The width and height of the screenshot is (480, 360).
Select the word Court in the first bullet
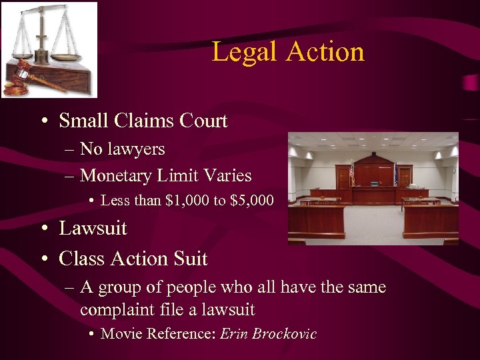click(x=203, y=121)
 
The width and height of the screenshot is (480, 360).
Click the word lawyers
click(x=135, y=149)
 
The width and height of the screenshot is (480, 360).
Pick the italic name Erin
click(x=234, y=334)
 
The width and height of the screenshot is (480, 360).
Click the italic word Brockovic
click(x=285, y=334)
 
